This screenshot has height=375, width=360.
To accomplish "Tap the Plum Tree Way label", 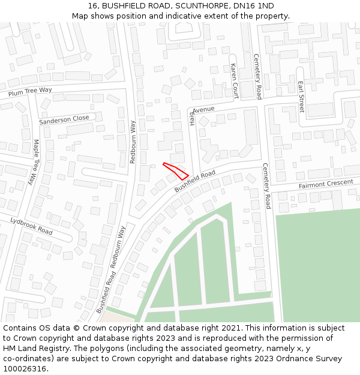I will (x=30, y=91).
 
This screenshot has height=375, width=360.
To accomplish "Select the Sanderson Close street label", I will (x=64, y=119).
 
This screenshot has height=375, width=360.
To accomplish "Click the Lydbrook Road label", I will (x=31, y=226).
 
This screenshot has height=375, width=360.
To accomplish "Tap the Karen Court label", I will (x=235, y=81).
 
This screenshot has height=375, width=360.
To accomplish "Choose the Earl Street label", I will (x=301, y=95).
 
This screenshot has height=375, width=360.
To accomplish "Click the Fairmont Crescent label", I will (x=326, y=184).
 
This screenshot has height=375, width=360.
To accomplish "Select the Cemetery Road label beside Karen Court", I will (x=257, y=76).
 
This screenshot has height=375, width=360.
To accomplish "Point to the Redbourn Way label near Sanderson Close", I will (x=133, y=142).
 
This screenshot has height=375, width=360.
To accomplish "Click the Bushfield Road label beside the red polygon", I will (x=195, y=181).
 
